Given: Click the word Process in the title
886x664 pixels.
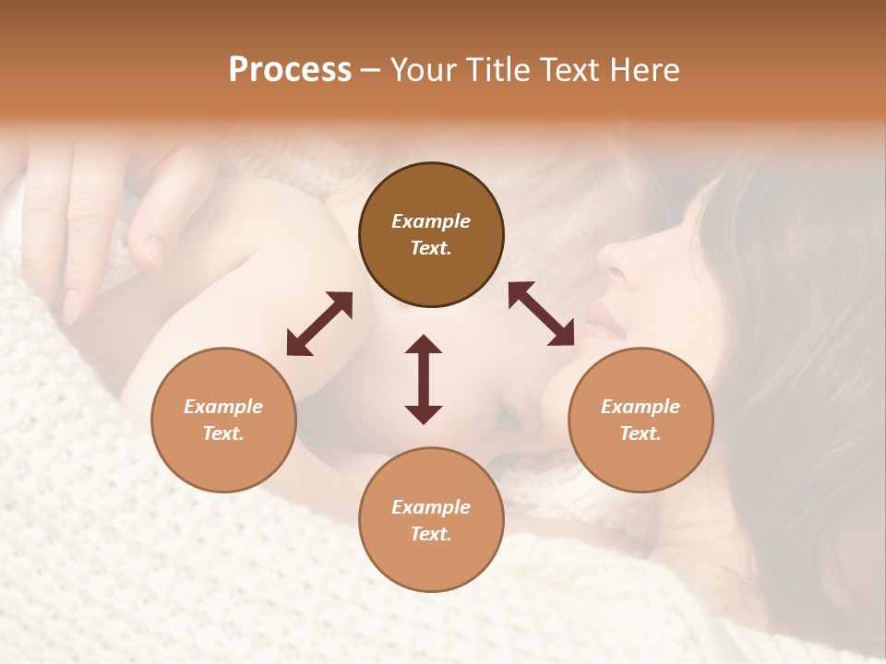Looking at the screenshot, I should pos(290,70).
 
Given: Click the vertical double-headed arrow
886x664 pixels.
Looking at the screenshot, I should pos(424,379).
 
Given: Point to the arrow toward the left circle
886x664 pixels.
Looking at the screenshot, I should pos(319,324).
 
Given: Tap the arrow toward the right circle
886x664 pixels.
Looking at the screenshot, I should pos(542,314).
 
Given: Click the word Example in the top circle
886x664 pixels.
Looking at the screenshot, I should pos(431,221).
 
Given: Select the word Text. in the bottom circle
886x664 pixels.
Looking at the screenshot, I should pos(431,534).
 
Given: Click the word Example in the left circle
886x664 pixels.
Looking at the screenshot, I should pos(223,407).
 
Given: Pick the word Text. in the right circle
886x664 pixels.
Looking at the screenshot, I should pos(641,433).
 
